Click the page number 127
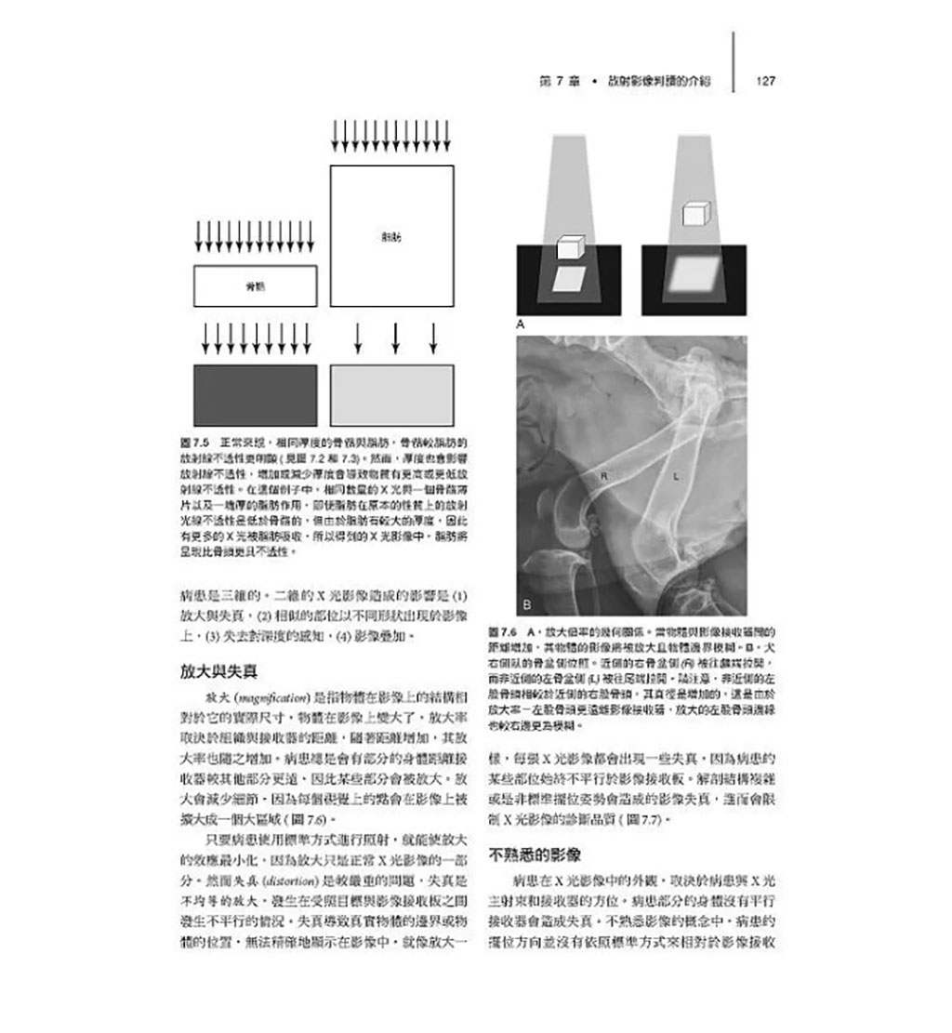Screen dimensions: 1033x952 click(x=766, y=81)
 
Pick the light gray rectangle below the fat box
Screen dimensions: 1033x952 click(x=391, y=395)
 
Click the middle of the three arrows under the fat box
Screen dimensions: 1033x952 click(x=395, y=338)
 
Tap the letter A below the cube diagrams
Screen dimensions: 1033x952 click(x=521, y=324)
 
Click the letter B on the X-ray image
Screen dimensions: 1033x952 click(x=526, y=604)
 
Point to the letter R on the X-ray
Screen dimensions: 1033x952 click(x=604, y=476)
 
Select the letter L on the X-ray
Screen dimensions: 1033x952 click(x=676, y=476)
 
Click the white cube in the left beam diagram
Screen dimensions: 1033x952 click(x=570, y=246)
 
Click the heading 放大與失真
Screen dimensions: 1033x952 click(x=218, y=670)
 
